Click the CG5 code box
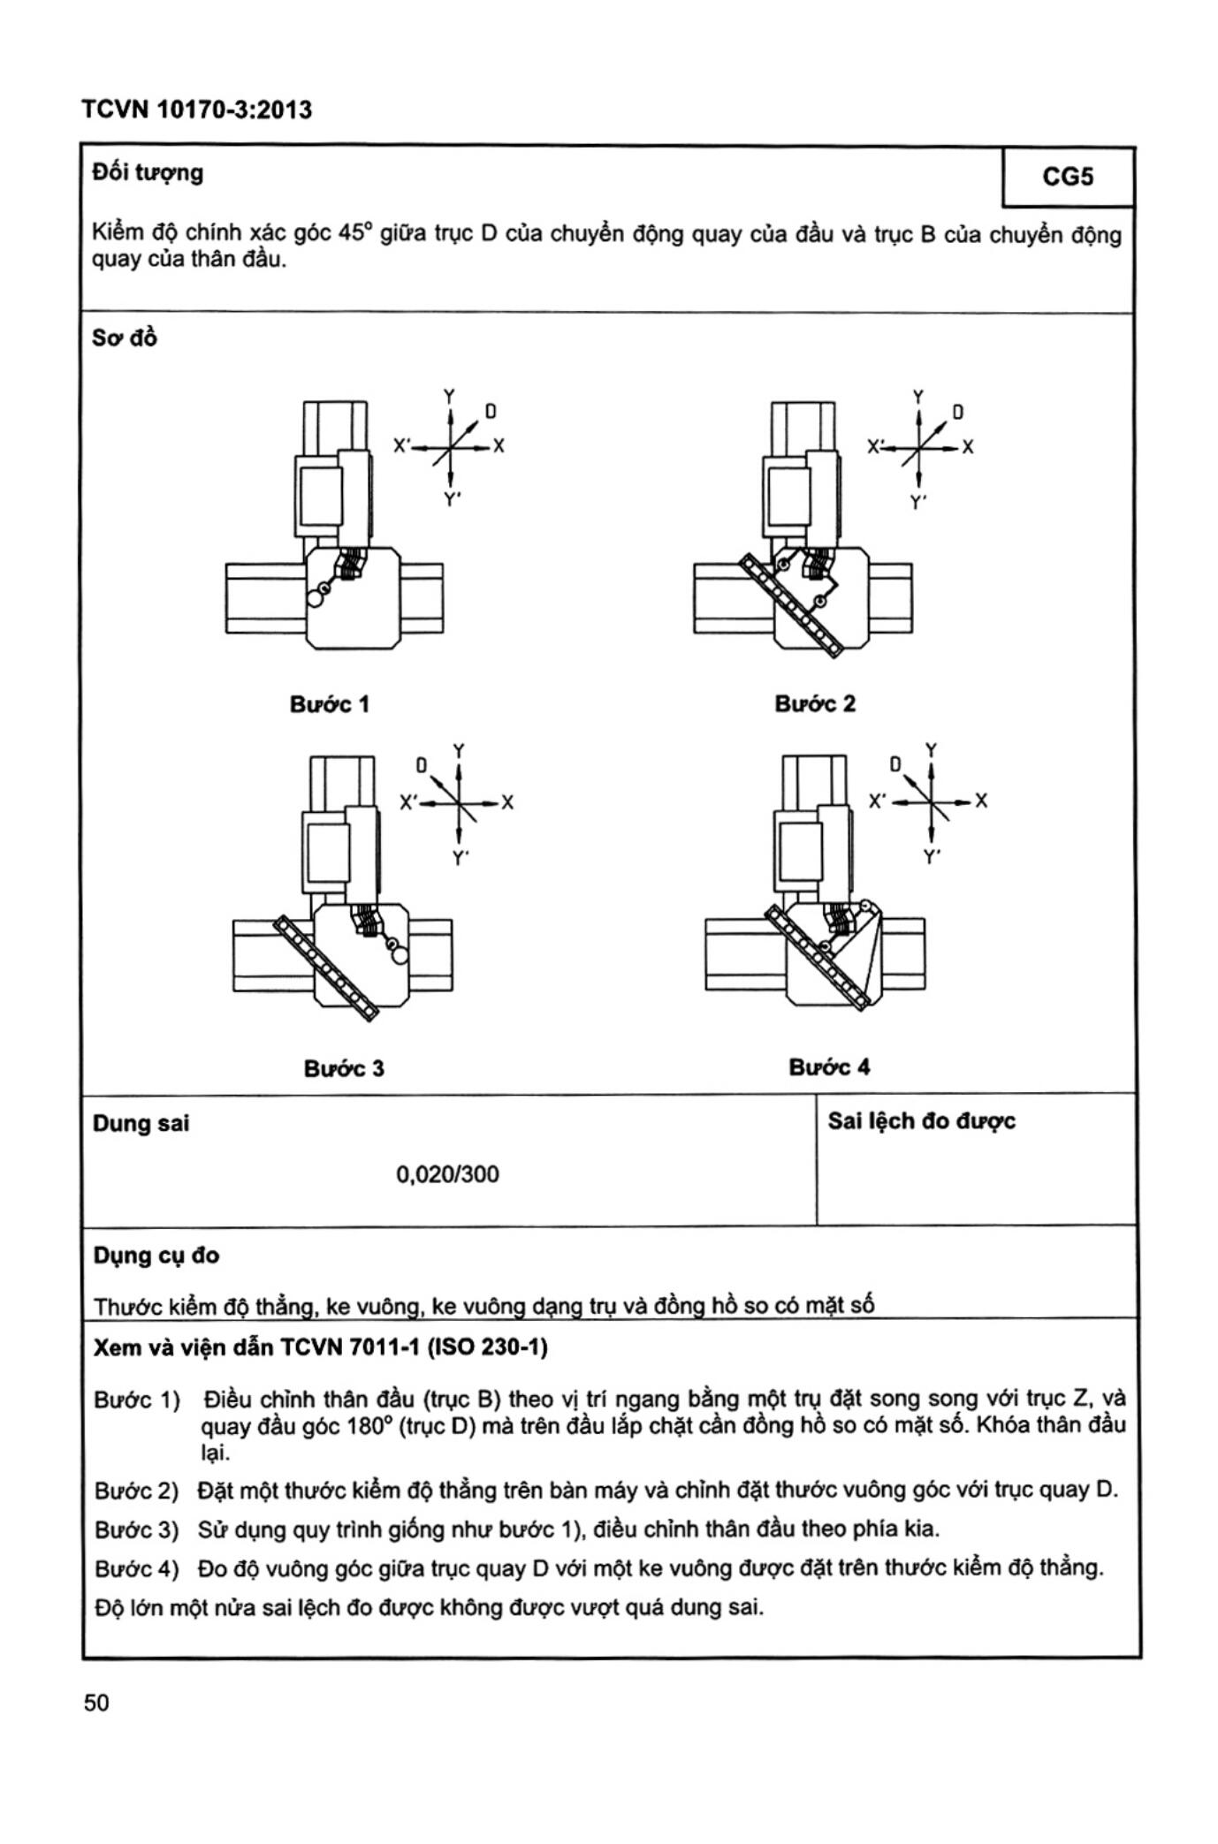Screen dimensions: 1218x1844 click(x=1069, y=177)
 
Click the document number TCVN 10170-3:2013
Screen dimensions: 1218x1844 click(x=197, y=110)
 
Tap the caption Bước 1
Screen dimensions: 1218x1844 click(x=329, y=704)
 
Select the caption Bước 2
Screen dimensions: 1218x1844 click(x=815, y=703)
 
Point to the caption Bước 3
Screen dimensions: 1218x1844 click(x=344, y=1068)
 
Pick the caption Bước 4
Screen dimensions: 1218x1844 click(x=829, y=1067)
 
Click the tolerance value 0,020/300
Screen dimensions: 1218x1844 click(x=447, y=1174)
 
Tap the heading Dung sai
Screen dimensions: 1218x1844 click(x=141, y=1124)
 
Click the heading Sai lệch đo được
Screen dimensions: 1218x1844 click(x=921, y=1121)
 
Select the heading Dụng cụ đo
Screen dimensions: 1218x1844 click(x=156, y=1256)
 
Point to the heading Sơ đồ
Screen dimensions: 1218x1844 click(x=125, y=338)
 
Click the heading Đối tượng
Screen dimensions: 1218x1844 click(x=148, y=172)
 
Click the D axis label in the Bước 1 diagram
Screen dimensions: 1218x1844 click(x=491, y=412)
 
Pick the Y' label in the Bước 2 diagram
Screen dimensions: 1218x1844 click(x=919, y=503)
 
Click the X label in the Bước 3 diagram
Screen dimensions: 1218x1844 click(x=507, y=802)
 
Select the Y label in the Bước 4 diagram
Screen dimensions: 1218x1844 click(x=931, y=749)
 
